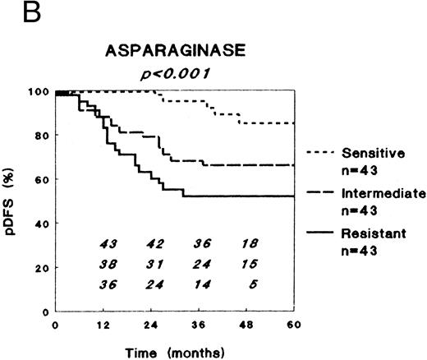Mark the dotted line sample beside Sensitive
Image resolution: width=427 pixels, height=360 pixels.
click(x=322, y=152)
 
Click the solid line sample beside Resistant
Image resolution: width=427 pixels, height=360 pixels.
click(x=322, y=234)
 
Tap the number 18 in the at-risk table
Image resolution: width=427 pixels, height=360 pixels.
click(x=250, y=243)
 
